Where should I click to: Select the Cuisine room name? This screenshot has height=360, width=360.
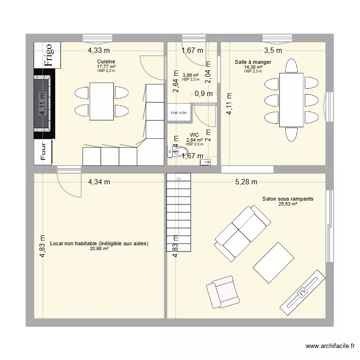coord(106,61)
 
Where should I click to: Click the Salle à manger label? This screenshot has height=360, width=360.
coord(253,62)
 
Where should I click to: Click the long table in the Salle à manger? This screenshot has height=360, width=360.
coord(291,100)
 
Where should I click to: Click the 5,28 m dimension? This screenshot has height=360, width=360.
coord(246,181)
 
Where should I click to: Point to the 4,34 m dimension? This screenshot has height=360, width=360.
coord(99,181)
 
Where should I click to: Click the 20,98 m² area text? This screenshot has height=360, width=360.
coord(99,249)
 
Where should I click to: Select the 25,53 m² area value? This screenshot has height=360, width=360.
coord(288,204)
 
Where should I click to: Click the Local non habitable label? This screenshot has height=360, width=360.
coord(99,243)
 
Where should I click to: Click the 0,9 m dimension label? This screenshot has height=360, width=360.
coord(203,94)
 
